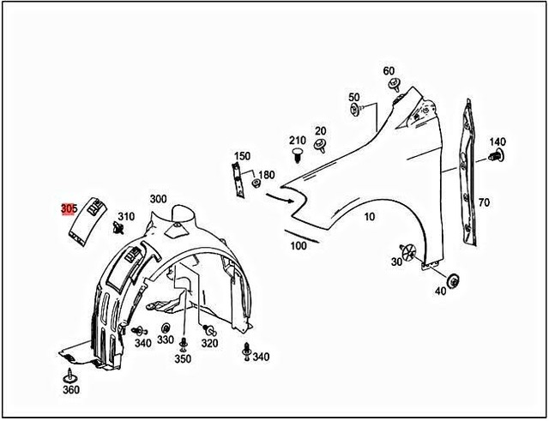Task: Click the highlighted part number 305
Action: coord(69,208)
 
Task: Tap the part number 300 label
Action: coord(158,199)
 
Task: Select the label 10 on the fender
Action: coord(370,217)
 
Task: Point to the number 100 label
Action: coord(299,246)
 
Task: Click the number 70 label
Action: coord(484,202)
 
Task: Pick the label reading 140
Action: coord(498,141)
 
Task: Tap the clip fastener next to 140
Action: coord(494,157)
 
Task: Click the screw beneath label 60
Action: coord(395,84)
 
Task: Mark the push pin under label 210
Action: coord(297,155)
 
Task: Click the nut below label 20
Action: coord(320,143)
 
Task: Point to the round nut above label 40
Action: coord(453,278)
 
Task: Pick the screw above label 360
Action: coord(69,374)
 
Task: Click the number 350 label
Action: coord(183,359)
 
